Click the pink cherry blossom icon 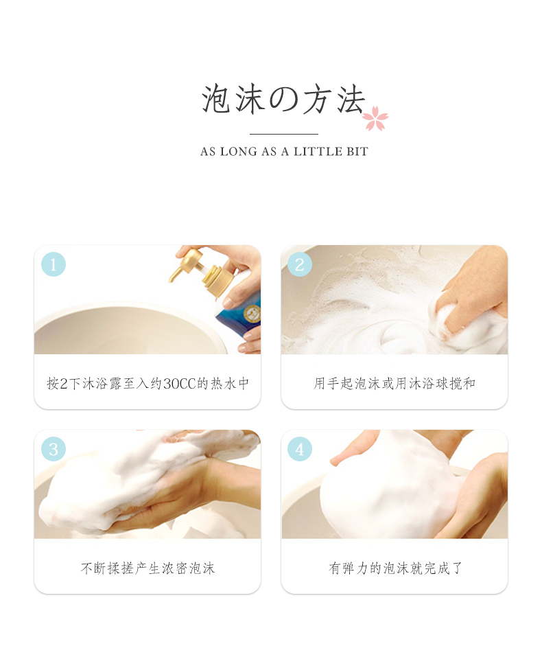(x=375, y=118)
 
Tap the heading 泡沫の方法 (x=283, y=99)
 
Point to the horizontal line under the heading (x=284, y=134)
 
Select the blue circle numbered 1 (x=54, y=264)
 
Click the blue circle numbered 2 (x=300, y=264)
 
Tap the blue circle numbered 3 (x=54, y=449)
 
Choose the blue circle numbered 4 (x=300, y=449)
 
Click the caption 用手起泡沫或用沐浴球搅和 (x=394, y=383)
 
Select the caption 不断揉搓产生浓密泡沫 (x=148, y=568)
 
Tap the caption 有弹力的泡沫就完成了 (x=395, y=568)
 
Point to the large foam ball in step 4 (x=388, y=488)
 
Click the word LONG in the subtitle (x=239, y=151)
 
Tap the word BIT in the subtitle (x=357, y=151)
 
